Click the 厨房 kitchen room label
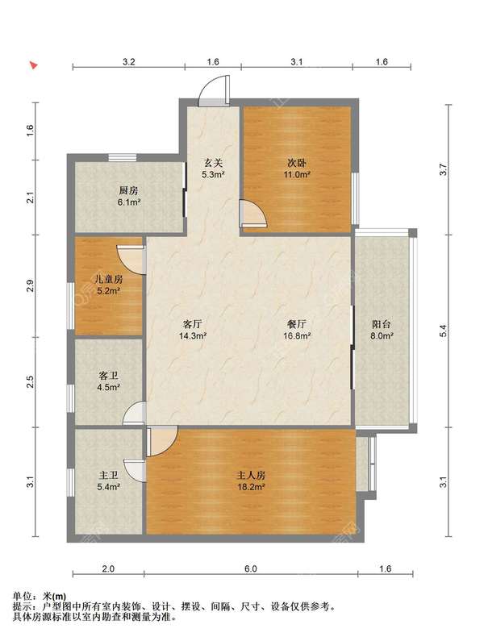pos(128,190)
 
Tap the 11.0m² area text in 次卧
pos(297,175)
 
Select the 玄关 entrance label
pos(213,163)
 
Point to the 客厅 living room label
pos(192,324)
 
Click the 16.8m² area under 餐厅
pos(297,336)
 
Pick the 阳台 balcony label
pos(382,324)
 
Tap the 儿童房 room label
pos(108,280)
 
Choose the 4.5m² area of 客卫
pos(108,387)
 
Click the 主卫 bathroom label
pos(108,475)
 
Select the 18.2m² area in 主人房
pos(251,487)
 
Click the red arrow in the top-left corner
pos(34,65)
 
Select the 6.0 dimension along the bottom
pos(250,568)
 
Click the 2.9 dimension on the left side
pos(30,286)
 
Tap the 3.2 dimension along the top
pos(128,62)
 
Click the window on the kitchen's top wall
pos(123,157)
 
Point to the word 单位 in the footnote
pos(23,597)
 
